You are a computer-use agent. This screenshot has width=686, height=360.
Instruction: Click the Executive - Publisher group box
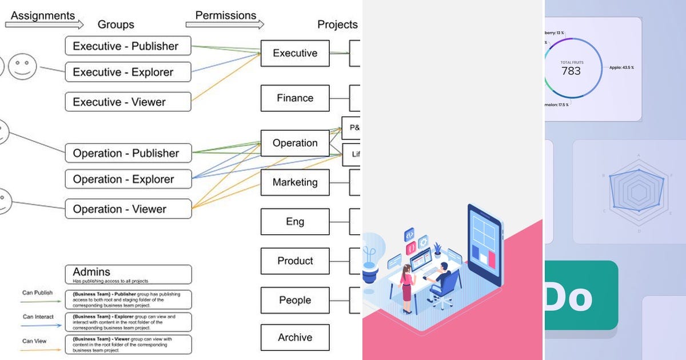128,46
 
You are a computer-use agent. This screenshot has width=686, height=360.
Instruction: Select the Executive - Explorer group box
128,72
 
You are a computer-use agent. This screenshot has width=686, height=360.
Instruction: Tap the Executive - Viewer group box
128,102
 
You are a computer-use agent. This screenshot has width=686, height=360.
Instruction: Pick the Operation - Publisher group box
128,153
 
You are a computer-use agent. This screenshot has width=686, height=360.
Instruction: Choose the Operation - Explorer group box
128,179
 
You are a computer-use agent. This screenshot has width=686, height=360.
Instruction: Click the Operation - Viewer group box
128,209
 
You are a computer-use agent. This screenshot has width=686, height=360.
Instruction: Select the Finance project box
295,98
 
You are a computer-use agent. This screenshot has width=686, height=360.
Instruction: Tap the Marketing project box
295,183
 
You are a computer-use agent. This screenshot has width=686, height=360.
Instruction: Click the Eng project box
295,222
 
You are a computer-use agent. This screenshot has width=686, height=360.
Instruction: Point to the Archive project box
295,337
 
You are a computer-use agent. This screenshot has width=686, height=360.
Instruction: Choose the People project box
295,300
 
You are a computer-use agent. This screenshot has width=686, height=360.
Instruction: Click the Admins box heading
91,272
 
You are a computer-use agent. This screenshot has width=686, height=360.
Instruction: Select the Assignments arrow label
43,16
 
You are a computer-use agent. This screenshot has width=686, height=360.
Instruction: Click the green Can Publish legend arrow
41,302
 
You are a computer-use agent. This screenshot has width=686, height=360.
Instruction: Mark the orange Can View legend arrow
41,350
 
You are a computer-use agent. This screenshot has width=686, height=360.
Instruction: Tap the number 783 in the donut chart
571,71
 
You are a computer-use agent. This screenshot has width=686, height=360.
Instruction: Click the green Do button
580,295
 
